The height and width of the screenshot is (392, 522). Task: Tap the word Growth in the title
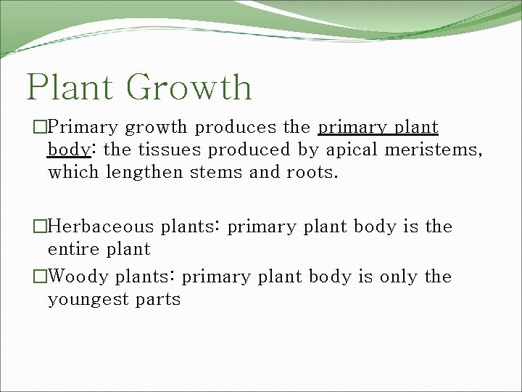coord(188,86)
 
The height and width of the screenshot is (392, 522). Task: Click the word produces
coord(236,128)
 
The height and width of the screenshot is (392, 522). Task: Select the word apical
coord(352,150)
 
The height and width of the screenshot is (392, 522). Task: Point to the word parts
coord(159,300)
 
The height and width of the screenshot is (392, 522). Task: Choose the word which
coord(73,173)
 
